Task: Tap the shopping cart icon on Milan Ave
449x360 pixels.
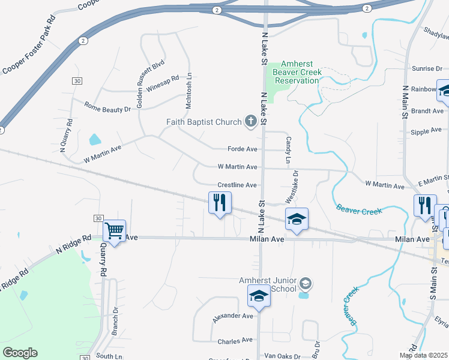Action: click(114, 230)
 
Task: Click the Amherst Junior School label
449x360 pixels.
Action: click(268, 284)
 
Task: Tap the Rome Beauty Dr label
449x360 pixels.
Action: click(107, 109)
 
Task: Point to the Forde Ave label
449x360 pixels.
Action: click(243, 149)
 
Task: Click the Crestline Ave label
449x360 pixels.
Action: click(237, 185)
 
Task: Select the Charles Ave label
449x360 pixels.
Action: click(235, 341)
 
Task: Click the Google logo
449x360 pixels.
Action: click(20, 352)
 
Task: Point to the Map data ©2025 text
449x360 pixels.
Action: click(424, 355)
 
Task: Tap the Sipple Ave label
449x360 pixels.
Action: click(427, 131)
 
